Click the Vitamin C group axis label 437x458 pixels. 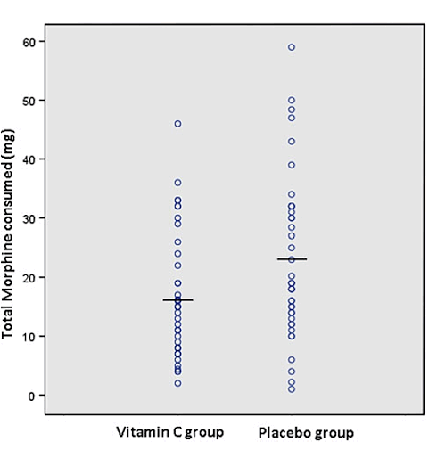pyautogui.click(x=169, y=433)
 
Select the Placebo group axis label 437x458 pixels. pyautogui.click(x=305, y=433)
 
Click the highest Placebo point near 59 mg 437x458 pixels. pyautogui.click(x=292, y=47)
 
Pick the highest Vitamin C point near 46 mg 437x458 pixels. pyautogui.click(x=177, y=124)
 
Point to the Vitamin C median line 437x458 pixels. pyautogui.click(x=177, y=300)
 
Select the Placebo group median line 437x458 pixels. pyautogui.click(x=292, y=259)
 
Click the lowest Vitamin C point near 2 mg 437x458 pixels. pyautogui.click(x=177, y=383)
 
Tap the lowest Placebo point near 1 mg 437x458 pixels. pyautogui.click(x=292, y=389)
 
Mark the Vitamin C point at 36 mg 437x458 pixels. pyautogui.click(x=177, y=183)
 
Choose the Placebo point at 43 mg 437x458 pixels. pyautogui.click(x=292, y=142)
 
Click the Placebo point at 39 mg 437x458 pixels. pyautogui.click(x=292, y=165)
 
